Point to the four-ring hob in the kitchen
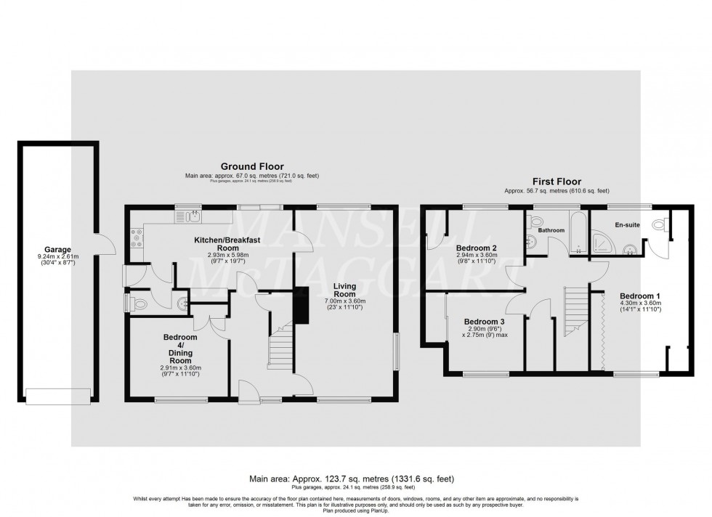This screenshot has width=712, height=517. tap(137, 235)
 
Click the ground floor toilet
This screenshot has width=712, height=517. tap(140, 303)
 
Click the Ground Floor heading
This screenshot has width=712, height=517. tap(252, 166)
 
